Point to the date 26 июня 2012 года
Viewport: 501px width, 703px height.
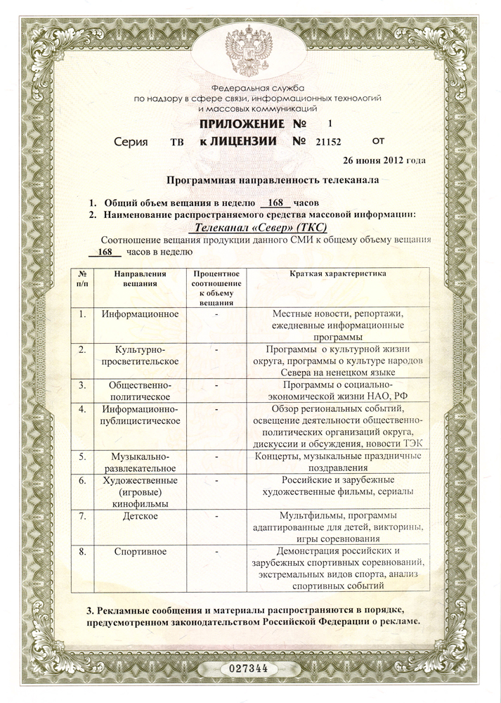click(383, 160)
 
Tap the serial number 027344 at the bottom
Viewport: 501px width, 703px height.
click(250, 666)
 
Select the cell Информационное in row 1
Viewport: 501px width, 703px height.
click(139, 313)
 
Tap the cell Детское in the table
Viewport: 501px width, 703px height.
click(139, 517)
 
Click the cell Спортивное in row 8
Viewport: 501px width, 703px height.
click(139, 551)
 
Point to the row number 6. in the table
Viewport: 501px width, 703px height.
click(83, 481)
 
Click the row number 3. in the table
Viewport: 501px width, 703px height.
click(83, 385)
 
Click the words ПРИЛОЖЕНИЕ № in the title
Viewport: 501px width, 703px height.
click(234, 124)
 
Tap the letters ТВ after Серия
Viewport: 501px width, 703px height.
click(177, 141)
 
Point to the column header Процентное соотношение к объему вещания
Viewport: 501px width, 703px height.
click(216, 287)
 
